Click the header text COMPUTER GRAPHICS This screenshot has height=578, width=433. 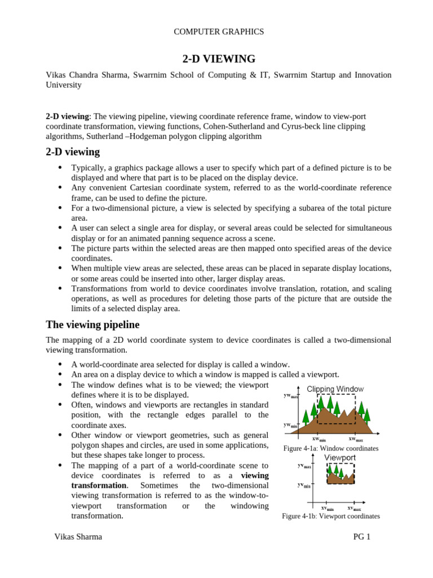click(218, 32)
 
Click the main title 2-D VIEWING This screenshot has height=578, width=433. click(218, 59)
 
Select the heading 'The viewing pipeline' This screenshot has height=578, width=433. click(92, 325)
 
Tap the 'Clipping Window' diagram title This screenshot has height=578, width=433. click(335, 389)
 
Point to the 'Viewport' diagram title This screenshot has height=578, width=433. click(339, 457)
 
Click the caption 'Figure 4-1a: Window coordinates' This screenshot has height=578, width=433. click(330, 448)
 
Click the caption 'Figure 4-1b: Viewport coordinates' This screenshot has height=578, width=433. click(330, 516)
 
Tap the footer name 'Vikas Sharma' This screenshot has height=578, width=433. click(78, 537)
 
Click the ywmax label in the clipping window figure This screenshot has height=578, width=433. click(291, 396)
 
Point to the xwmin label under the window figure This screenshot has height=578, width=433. click(319, 439)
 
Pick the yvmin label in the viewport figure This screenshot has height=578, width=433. click(303, 485)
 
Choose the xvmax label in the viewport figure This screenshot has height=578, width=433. click(354, 507)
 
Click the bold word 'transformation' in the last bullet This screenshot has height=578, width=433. click(99, 485)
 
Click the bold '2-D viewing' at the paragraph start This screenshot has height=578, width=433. click(67, 116)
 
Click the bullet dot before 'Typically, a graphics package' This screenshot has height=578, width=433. click(60, 168)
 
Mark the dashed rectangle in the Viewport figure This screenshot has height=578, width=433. click(341, 474)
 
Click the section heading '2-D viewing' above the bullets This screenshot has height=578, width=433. click(73, 151)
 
